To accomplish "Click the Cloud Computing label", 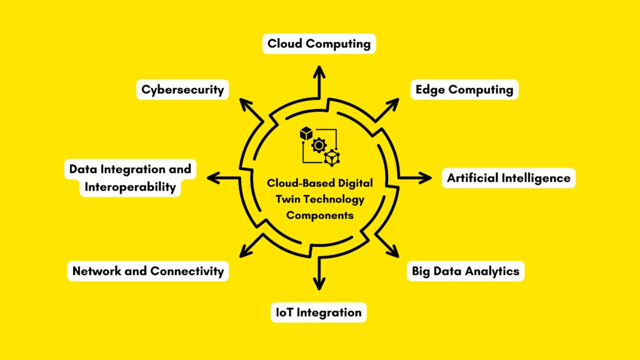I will tap(319, 44).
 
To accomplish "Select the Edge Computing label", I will tap(464, 89).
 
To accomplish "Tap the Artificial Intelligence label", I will tap(508, 178).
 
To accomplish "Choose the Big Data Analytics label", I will tap(465, 271).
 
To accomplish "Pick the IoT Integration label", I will tap(319, 312).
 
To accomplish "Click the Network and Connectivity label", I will tap(147, 271).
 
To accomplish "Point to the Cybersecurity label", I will tap(182, 89).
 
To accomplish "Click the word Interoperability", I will tap(130, 187).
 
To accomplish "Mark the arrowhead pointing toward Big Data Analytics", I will tap(394, 253).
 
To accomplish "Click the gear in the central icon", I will tap(319, 146).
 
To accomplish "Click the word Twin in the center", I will tap(288, 199).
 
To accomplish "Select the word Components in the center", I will tap(320, 215).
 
